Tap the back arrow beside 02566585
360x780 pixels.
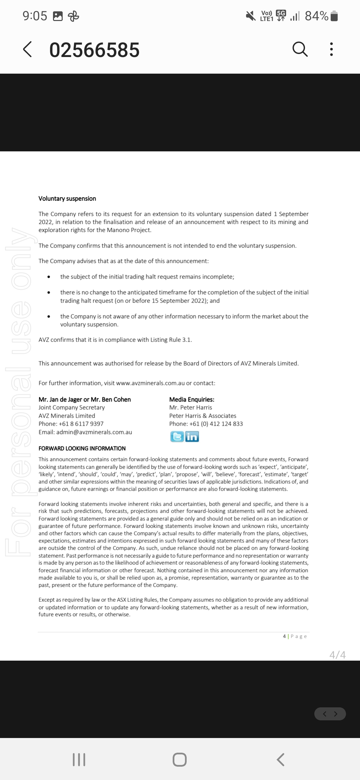point(28,49)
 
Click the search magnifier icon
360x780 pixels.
point(300,49)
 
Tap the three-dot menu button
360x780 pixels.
point(331,49)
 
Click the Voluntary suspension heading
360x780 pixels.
point(67,199)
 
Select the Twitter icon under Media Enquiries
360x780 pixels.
point(177,436)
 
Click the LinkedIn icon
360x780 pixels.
point(192,436)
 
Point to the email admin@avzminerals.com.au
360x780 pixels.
point(94,432)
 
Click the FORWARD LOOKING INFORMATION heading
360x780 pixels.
point(82,448)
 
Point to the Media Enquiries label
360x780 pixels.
point(192,399)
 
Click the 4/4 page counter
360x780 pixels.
point(337,655)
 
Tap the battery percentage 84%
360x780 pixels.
point(317,16)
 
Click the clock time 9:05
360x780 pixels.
point(35,16)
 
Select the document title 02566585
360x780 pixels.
point(94,50)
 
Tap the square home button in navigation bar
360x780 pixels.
point(180,760)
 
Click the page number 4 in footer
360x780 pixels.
point(284,636)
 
